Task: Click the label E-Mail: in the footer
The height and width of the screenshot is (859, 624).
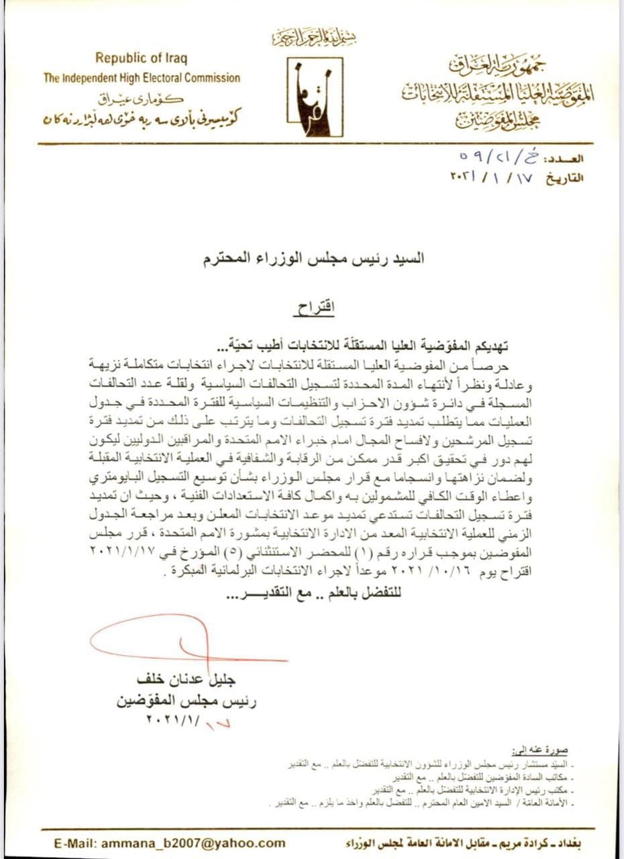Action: coord(77,843)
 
